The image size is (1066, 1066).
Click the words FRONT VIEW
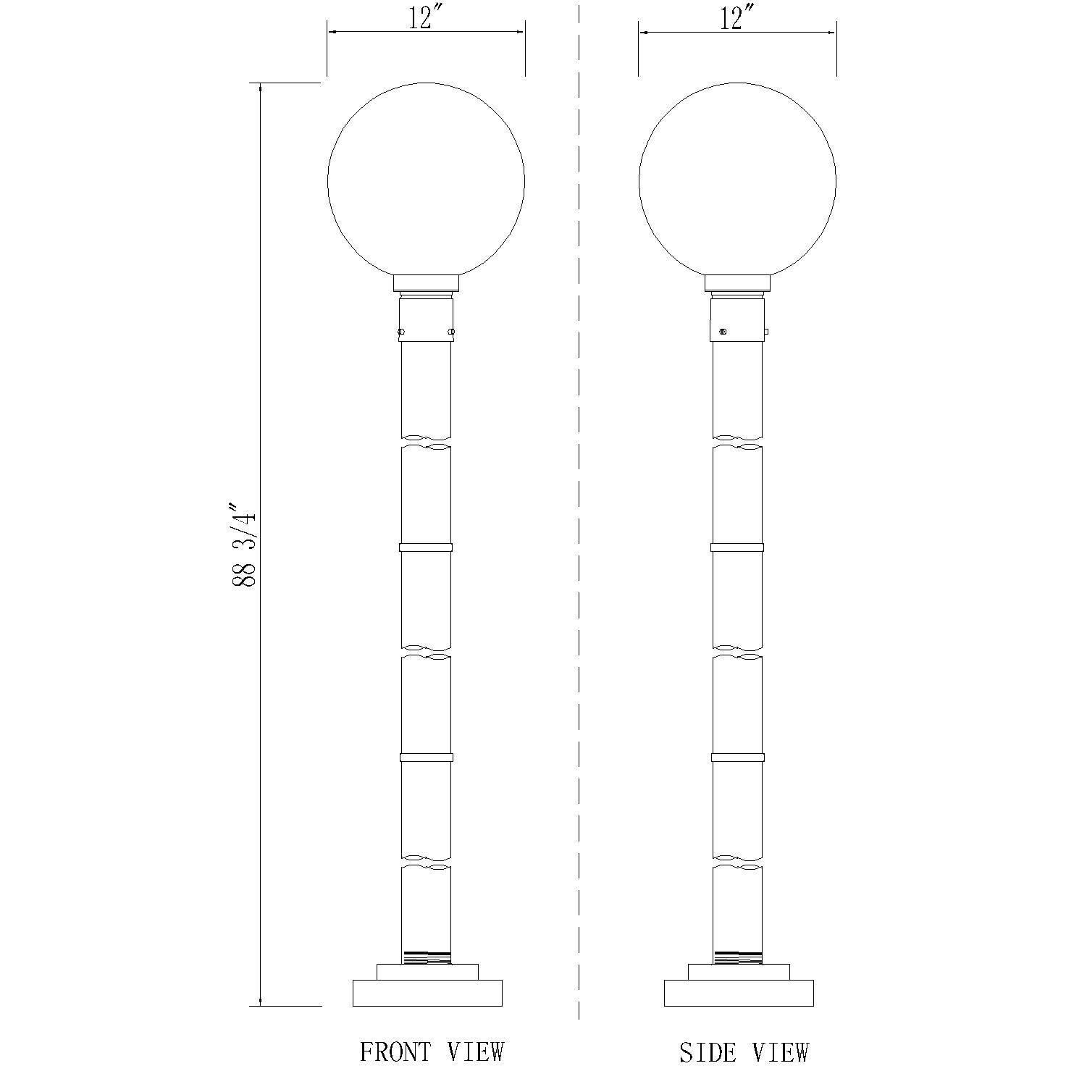pos(432,1052)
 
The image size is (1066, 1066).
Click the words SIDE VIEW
pos(744,1052)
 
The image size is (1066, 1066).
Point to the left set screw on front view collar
pos(400,332)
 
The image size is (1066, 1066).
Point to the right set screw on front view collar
pos(451,332)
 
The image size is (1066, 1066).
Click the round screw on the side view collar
pos(722,332)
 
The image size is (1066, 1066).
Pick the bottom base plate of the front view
pos(427,993)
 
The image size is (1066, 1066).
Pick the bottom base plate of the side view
pos(739,993)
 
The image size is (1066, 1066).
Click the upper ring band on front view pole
pos(426,547)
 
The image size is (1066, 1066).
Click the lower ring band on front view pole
pos(426,757)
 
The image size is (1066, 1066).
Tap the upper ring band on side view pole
pos(737,547)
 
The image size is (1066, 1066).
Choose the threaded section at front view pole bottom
pos(426,957)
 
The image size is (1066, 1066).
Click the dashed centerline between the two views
pos(579,507)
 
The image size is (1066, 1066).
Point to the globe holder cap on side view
pos(737,283)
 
